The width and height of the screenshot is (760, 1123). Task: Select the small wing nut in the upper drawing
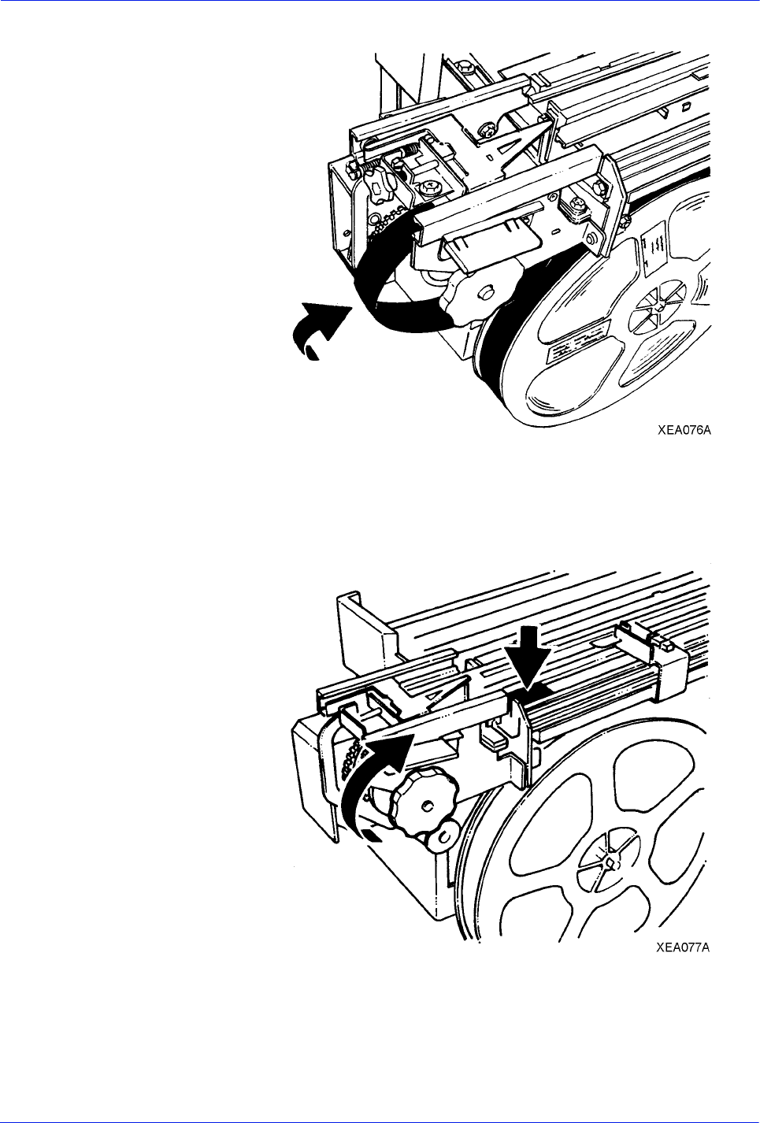click(380, 183)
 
